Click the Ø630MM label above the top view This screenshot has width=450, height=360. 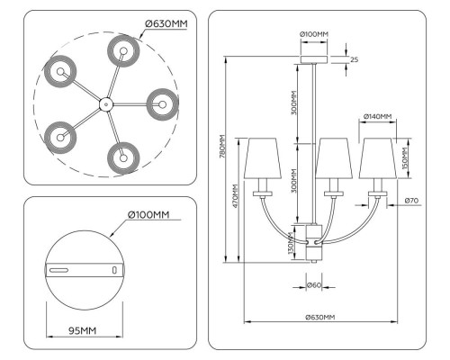click(x=166, y=23)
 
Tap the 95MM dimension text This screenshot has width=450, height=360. click(x=83, y=330)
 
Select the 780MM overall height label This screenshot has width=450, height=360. click(x=222, y=147)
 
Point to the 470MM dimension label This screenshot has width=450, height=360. click(x=235, y=196)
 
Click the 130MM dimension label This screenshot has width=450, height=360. click(x=291, y=243)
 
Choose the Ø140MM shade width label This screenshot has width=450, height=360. click(x=377, y=116)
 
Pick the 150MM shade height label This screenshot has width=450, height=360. click(x=405, y=158)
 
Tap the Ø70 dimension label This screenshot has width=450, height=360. click(x=411, y=201)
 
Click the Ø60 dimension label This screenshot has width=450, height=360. click(x=314, y=285)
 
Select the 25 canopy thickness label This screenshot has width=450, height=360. click(x=354, y=59)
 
